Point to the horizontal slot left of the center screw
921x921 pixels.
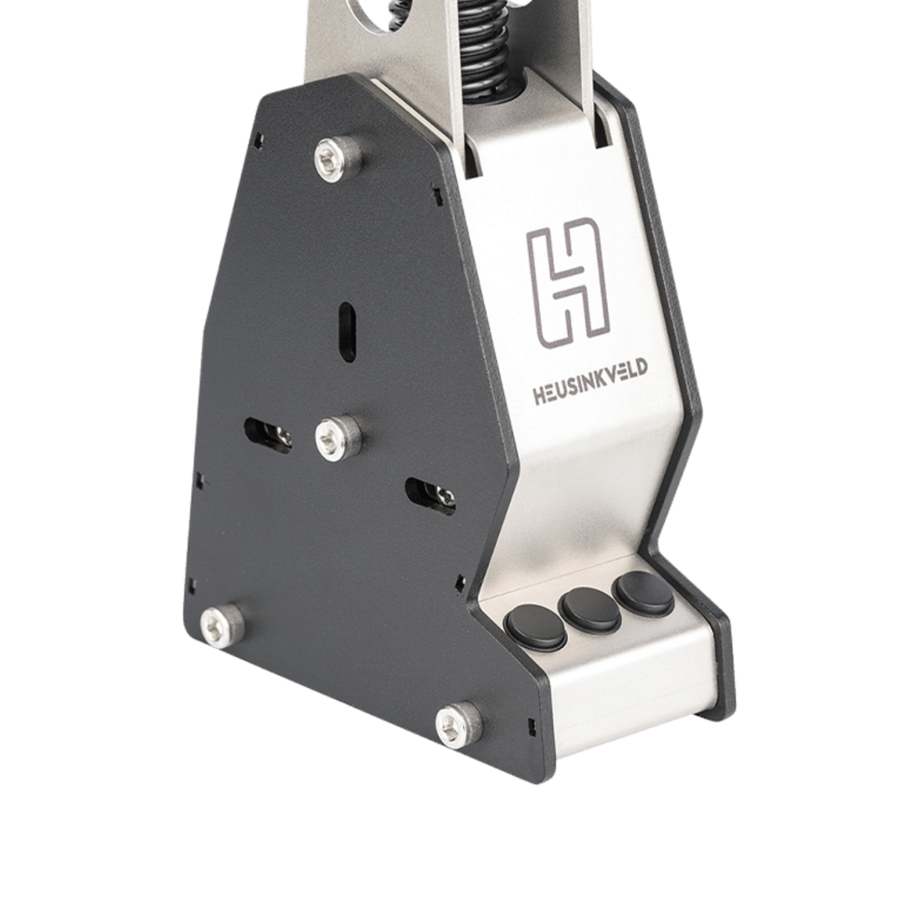tap(268, 433)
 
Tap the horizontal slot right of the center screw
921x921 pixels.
tap(430, 496)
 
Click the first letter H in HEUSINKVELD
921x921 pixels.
tap(541, 397)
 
